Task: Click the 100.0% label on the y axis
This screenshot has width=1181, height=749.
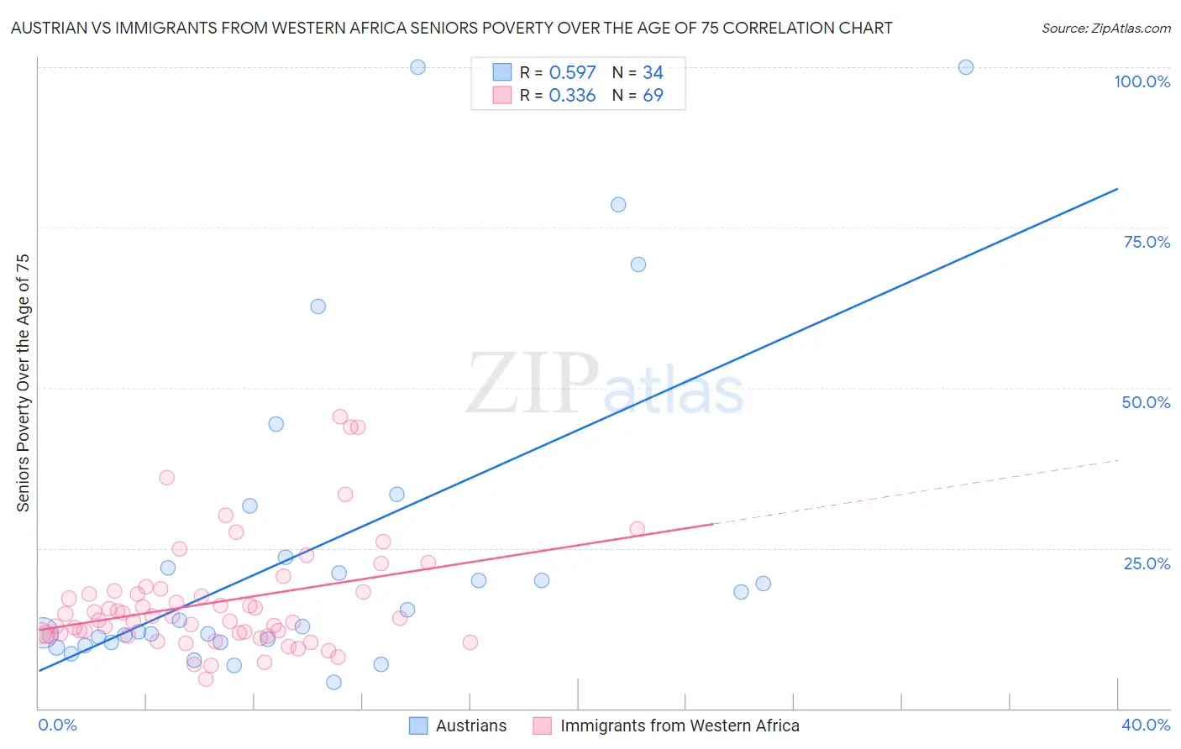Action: click(1142, 81)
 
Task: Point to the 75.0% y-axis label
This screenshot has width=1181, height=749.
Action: click(1147, 242)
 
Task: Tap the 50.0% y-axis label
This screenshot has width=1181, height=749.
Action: click(1146, 402)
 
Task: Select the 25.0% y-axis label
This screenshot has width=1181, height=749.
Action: click(1147, 563)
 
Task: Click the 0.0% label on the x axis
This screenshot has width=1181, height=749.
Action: click(57, 725)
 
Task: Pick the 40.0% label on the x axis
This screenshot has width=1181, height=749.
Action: click(1146, 725)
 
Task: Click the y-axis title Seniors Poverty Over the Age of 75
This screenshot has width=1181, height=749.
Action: click(23, 383)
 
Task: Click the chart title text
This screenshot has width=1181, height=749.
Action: click(451, 28)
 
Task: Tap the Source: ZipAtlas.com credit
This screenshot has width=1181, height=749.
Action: click(1105, 28)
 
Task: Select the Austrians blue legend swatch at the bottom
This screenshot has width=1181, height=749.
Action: click(418, 725)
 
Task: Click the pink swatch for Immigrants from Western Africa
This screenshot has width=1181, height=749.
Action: click(543, 725)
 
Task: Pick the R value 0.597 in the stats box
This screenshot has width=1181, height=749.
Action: click(572, 73)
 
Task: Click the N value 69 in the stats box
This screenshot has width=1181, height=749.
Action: click(653, 96)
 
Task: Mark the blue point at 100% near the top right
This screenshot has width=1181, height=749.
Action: click(966, 67)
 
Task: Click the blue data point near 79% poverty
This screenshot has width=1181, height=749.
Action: click(618, 205)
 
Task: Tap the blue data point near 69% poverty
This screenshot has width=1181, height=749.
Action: click(638, 265)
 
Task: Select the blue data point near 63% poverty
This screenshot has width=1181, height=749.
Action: click(318, 306)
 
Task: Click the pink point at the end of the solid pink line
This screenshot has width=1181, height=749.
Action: click(637, 529)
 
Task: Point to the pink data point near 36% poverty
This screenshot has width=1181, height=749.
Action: click(166, 478)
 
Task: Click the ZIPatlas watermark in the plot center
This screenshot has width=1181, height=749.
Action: click(605, 385)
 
